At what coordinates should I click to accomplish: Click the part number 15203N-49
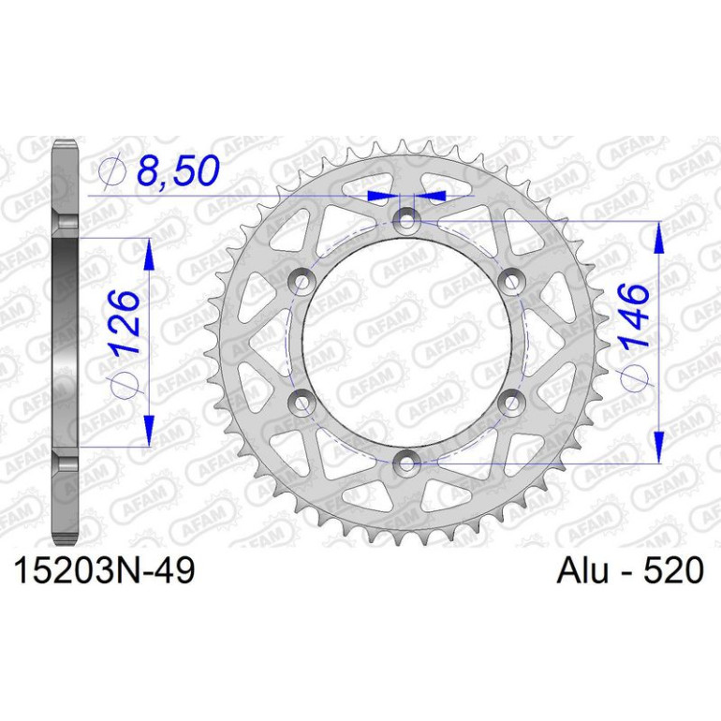pyautogui.click(x=105, y=570)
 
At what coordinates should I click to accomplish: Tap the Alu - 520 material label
pyautogui.click(x=630, y=570)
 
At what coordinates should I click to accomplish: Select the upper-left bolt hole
pyautogui.click(x=302, y=281)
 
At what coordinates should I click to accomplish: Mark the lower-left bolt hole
pyautogui.click(x=302, y=403)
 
